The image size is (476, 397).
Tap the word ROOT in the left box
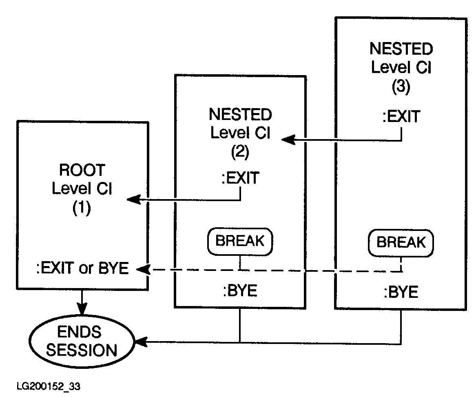(x=82, y=170)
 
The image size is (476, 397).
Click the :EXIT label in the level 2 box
(x=240, y=178)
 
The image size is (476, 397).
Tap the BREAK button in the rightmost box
(x=401, y=242)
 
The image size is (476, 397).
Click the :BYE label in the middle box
(x=240, y=291)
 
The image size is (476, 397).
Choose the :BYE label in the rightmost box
(x=401, y=292)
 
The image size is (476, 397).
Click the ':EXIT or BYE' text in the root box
(x=82, y=269)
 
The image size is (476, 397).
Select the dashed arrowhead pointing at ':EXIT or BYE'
(x=142, y=269)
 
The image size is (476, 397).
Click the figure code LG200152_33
(x=49, y=386)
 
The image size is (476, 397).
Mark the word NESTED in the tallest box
(x=401, y=49)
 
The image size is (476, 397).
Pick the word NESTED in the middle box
(x=240, y=115)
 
